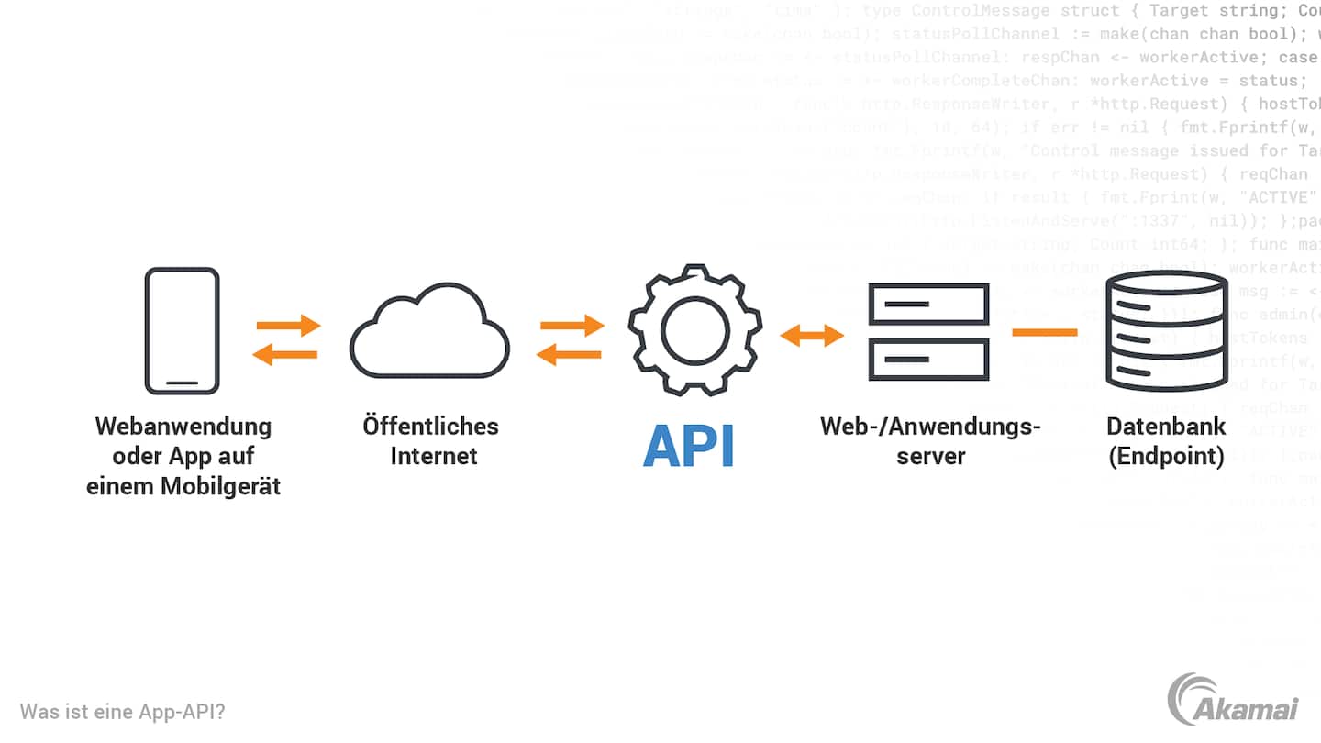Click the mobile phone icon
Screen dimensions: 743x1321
pyautogui.click(x=183, y=331)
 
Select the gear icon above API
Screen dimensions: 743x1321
pyautogui.click(x=694, y=331)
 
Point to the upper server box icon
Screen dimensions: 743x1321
pyautogui.click(x=928, y=304)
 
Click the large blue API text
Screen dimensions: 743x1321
pyautogui.click(x=689, y=446)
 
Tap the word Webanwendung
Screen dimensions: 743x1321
pyautogui.click(x=183, y=427)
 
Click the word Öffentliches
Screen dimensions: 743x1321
pyautogui.click(x=430, y=427)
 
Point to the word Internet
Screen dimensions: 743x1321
pyautogui.click(x=434, y=456)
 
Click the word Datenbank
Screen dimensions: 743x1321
pyautogui.click(x=1166, y=427)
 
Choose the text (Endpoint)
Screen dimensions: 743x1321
pyautogui.click(x=1166, y=456)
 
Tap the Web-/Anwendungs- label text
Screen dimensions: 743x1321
pyautogui.click(x=930, y=427)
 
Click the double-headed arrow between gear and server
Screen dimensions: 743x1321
pyautogui.click(x=812, y=336)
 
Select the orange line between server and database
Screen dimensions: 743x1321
pyautogui.click(x=1045, y=332)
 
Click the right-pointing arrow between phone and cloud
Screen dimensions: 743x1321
pyautogui.click(x=288, y=325)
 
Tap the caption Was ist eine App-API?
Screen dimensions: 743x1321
pyautogui.click(x=123, y=712)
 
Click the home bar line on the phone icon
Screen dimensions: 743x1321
pyautogui.click(x=182, y=382)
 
